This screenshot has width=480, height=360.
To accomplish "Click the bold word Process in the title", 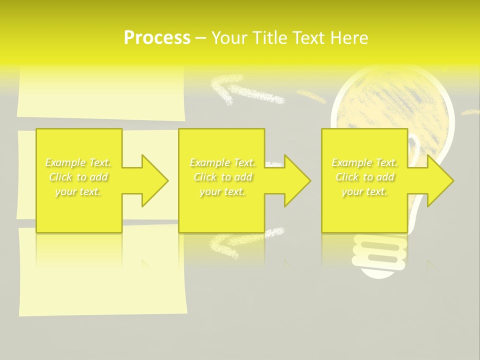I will pos(157,38).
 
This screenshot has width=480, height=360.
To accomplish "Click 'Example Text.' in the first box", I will pos(78,162).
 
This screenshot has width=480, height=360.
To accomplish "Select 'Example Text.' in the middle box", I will pos(222,162).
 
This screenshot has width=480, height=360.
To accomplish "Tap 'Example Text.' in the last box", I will pos(364,162).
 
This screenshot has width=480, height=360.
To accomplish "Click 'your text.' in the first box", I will pos(78,191).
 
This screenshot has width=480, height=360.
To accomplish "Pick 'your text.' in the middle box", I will pos(222,191).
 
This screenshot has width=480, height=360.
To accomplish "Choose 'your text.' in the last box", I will pos(364,191).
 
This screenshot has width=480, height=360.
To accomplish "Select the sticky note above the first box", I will pos(100,92).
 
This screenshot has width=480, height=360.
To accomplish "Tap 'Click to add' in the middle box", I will pos(222,177).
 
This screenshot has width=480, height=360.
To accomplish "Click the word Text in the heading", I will pos(308,38).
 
